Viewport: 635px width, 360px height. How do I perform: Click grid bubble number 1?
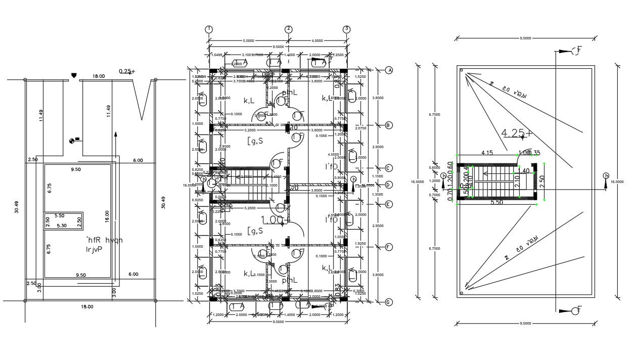pos(209,29)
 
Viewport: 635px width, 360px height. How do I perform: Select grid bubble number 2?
pos(288,29)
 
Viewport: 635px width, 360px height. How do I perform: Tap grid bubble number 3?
pos(346,29)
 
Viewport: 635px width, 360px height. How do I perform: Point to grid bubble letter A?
pos(389,70)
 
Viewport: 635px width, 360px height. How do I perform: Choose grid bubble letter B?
pos(389,125)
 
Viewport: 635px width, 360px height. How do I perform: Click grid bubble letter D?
pos(389,185)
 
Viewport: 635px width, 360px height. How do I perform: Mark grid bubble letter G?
pos(389,302)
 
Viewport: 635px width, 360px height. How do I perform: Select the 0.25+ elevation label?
pos(126,71)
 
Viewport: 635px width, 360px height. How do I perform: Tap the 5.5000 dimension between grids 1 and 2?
pos(248,41)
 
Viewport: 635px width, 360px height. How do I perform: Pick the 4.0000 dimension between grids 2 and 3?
pos(317,41)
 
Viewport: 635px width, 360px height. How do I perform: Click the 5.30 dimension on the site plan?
pos(62,226)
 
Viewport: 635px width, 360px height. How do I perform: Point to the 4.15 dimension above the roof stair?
pos(487,153)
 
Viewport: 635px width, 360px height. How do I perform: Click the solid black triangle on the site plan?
pos(74,76)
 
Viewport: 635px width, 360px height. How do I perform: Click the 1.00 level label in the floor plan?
pos(271,219)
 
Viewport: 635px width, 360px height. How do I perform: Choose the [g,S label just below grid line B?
pos(255,141)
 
